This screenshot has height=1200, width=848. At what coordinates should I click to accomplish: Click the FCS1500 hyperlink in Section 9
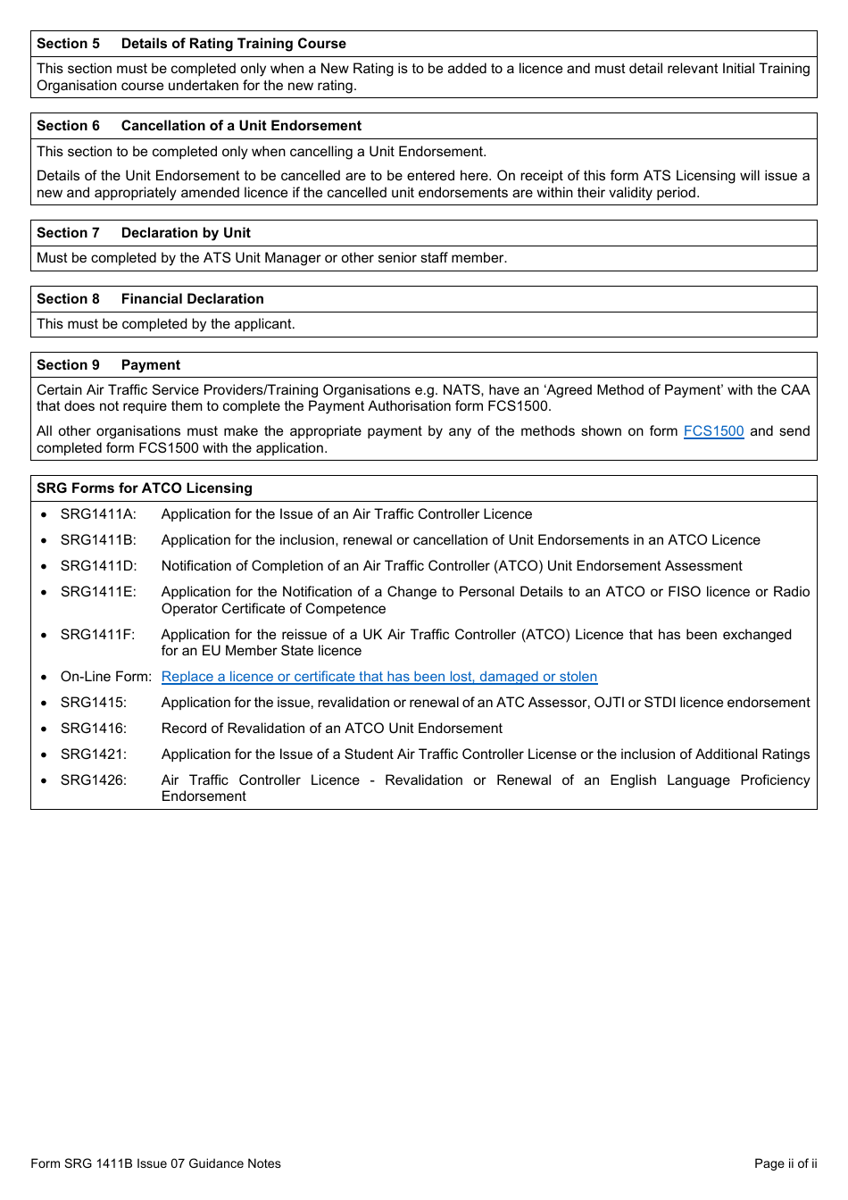pos(713,431)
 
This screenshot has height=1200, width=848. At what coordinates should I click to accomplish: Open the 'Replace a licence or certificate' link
pos(378,677)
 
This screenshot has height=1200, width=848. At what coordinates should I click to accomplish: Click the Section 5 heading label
pos(68,44)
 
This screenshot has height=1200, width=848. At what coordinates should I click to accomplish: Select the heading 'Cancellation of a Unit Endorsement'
pos(241,126)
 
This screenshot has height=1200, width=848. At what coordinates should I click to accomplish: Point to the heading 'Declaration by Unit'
pos(186,233)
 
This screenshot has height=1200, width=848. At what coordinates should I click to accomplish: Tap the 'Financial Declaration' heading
pos(192,299)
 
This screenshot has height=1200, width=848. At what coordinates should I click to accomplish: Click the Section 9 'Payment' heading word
pos(150,365)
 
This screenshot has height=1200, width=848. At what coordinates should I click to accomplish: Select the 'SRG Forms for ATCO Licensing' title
pos(144,488)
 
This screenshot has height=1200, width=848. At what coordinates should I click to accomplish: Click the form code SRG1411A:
pos(98,514)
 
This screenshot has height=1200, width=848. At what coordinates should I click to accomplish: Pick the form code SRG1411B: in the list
pos(98,540)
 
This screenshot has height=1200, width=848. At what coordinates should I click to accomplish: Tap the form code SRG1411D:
pos(98,566)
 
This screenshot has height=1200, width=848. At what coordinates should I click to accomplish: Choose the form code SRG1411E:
pos(98,592)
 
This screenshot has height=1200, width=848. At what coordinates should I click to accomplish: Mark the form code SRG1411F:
pos(97,635)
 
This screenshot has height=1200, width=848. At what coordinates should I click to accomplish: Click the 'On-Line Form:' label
pos(105,677)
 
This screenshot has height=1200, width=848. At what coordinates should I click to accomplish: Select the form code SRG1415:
pos(94,703)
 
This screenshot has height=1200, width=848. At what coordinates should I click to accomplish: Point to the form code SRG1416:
pos(94,729)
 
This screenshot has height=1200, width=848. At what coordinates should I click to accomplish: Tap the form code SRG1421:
pos(94,754)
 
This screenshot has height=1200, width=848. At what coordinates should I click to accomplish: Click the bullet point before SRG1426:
pos(44,780)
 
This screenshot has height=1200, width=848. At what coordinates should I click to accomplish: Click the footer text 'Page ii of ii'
pos(785,1163)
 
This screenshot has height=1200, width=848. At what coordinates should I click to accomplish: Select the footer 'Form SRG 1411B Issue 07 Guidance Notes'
pos(155,1163)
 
